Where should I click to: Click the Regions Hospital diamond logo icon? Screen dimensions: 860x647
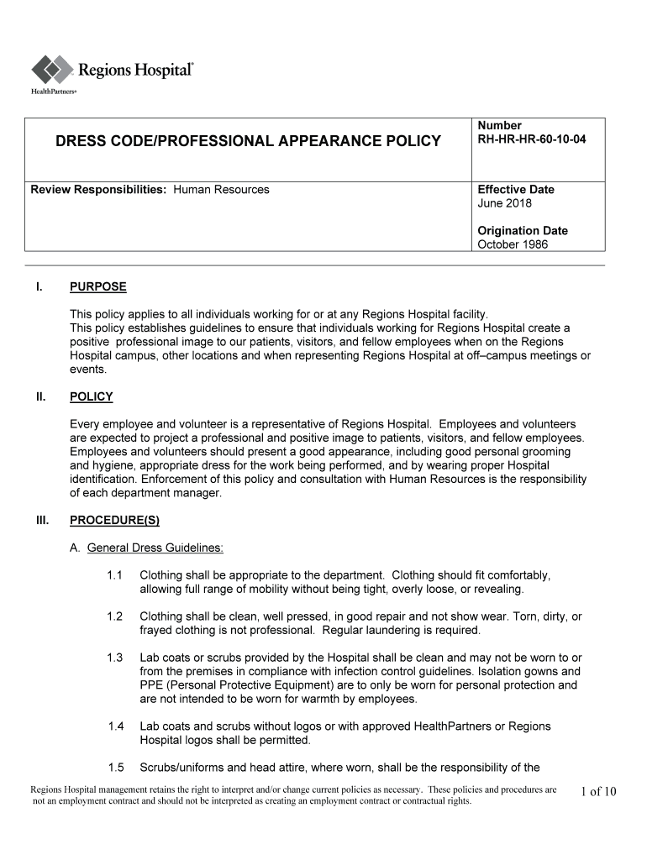tap(53, 70)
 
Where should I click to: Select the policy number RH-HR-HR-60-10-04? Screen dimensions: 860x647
tap(531, 139)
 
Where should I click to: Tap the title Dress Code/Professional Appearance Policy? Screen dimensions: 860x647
tap(248, 141)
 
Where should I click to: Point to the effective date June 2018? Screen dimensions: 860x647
tap(504, 203)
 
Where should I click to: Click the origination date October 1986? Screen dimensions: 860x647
tap(513, 244)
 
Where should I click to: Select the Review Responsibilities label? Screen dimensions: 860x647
tap(99, 190)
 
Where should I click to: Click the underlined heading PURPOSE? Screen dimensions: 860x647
tap(98, 287)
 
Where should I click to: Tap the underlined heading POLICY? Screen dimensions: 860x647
tap(92, 397)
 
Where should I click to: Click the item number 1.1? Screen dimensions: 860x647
tap(116, 575)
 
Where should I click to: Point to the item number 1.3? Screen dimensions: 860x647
tap(116, 658)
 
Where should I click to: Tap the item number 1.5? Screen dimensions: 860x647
tap(116, 768)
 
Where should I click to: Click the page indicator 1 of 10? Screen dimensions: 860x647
tap(598, 792)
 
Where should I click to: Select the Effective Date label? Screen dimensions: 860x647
tap(516, 190)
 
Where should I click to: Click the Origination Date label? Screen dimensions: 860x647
tap(523, 231)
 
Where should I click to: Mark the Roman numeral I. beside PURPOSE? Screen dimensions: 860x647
tap(39, 287)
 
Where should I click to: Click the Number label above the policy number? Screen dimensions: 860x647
tap(499, 126)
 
